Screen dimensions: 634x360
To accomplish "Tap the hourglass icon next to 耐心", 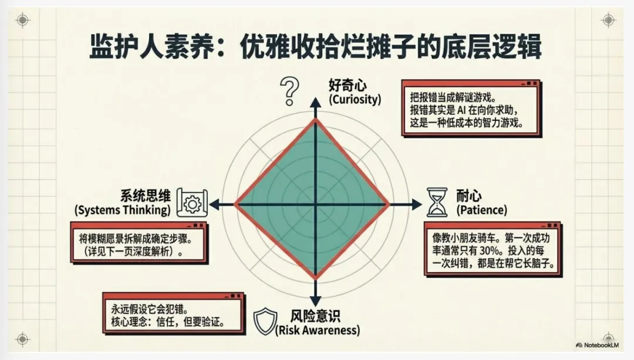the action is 436,202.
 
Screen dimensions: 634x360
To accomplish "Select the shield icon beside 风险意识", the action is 264,321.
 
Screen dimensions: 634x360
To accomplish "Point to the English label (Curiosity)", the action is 355,99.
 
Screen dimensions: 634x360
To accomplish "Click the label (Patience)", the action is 481,210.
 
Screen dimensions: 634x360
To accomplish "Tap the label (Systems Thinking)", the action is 123,210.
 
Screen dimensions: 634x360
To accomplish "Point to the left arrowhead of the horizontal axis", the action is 214,204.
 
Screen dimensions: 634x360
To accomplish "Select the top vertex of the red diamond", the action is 316,119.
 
